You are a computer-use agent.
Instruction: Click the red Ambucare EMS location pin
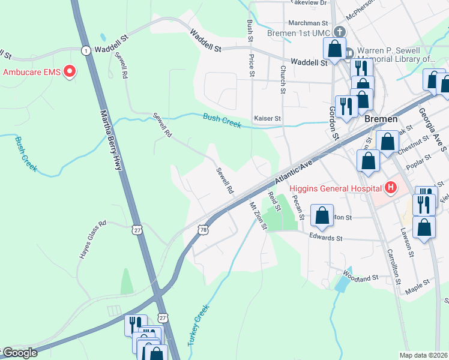tap(70, 72)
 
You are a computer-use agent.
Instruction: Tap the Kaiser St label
tap(267, 119)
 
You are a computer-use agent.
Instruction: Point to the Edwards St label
tap(325, 238)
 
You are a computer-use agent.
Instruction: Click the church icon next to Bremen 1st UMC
tap(340, 31)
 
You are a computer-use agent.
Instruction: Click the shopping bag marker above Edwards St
tap(322, 216)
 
